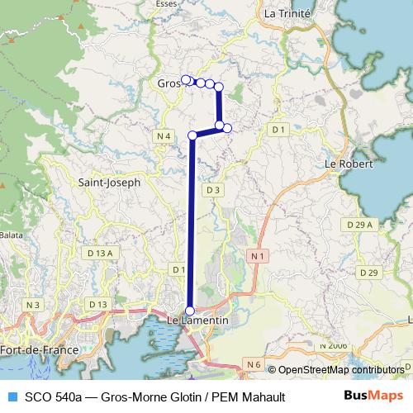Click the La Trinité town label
pyautogui.click(x=287, y=13)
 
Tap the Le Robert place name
pyautogui.click(x=349, y=164)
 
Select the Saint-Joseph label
pyautogui.click(x=108, y=182)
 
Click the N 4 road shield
pyautogui.click(x=164, y=135)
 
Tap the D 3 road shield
pyautogui.click(x=213, y=190)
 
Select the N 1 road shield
pyautogui.click(x=257, y=257)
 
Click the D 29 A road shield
pyautogui.click(x=358, y=224)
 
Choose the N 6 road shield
pyautogui.click(x=253, y=363)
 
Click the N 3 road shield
pyautogui.click(x=33, y=305)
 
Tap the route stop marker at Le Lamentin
pyautogui.click(x=190, y=311)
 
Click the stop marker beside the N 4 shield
pyautogui.click(x=192, y=135)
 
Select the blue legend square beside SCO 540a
pyautogui.click(x=11, y=396)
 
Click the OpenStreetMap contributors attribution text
pyautogui.click(x=339, y=370)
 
